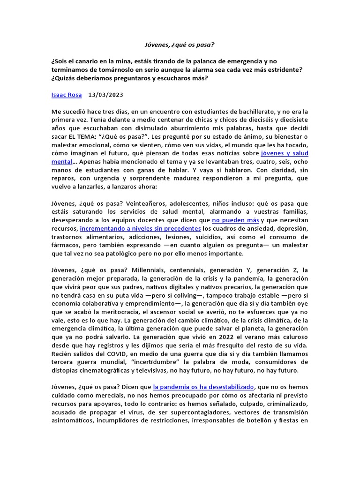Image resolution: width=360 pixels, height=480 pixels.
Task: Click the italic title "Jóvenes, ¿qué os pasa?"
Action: tap(180, 45)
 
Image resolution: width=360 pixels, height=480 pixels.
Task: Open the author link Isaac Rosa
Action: tap(66, 95)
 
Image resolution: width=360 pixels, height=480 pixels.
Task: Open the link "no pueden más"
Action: tap(235, 220)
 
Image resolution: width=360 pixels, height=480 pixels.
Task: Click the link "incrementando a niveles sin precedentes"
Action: tap(140, 228)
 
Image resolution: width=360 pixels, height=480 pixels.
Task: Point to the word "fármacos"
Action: tap(65, 245)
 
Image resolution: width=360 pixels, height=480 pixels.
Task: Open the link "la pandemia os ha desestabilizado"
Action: tap(203, 387)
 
